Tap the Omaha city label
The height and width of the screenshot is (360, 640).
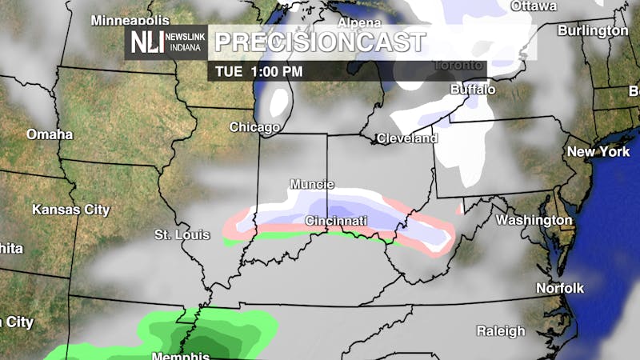[50, 134]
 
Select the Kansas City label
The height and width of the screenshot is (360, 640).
[70, 210]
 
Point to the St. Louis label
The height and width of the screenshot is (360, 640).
[182, 234]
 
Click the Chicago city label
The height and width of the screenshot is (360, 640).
[254, 127]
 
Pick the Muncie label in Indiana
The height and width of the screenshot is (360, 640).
[312, 184]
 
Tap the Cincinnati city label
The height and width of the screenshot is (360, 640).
[336, 220]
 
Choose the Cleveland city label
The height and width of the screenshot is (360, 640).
[408, 138]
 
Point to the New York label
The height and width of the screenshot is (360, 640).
[598, 151]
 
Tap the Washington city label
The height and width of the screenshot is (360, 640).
[534, 220]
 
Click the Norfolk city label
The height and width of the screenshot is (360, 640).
[560, 288]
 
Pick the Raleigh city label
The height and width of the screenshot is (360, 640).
[501, 330]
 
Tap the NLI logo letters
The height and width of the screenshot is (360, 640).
[148, 42]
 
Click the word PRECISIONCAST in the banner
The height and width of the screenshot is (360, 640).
[320, 42]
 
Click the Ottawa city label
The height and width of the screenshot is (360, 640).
[533, 6]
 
